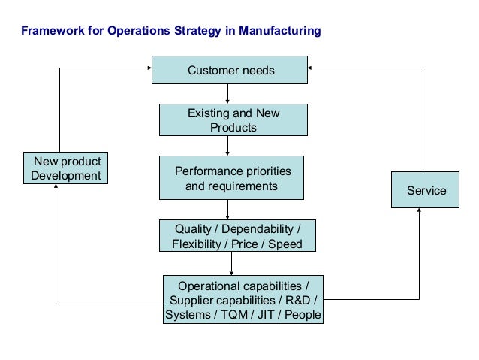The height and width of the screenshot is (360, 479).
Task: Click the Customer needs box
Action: pos(230,71)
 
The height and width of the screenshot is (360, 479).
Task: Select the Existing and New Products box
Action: pos(233,120)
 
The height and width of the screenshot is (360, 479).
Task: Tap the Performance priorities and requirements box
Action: pos(231,178)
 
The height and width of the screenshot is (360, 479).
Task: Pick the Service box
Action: pos(425,190)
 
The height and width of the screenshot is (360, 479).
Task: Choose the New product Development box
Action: pos(66,168)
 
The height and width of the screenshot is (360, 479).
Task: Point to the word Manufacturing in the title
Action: pos(282,32)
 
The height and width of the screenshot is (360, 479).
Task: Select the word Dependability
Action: pos(256,228)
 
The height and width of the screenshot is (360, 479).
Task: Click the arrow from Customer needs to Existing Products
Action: pos(229,93)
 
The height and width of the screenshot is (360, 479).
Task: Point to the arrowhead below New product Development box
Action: pos(56,189)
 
